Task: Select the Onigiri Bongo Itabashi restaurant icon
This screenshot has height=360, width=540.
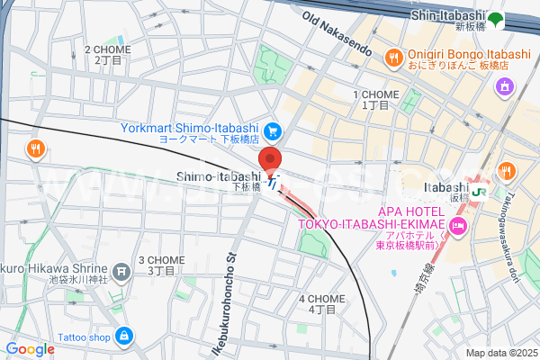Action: tap(392, 58)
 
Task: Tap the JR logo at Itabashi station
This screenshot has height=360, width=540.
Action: tap(479, 190)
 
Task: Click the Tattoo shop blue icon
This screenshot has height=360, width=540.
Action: tap(123, 337)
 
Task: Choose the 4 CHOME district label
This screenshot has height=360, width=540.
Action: tap(321, 303)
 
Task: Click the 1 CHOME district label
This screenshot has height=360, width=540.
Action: tap(377, 99)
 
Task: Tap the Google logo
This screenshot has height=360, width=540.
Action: tap(30, 348)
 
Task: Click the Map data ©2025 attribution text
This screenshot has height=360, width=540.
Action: tap(499, 353)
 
